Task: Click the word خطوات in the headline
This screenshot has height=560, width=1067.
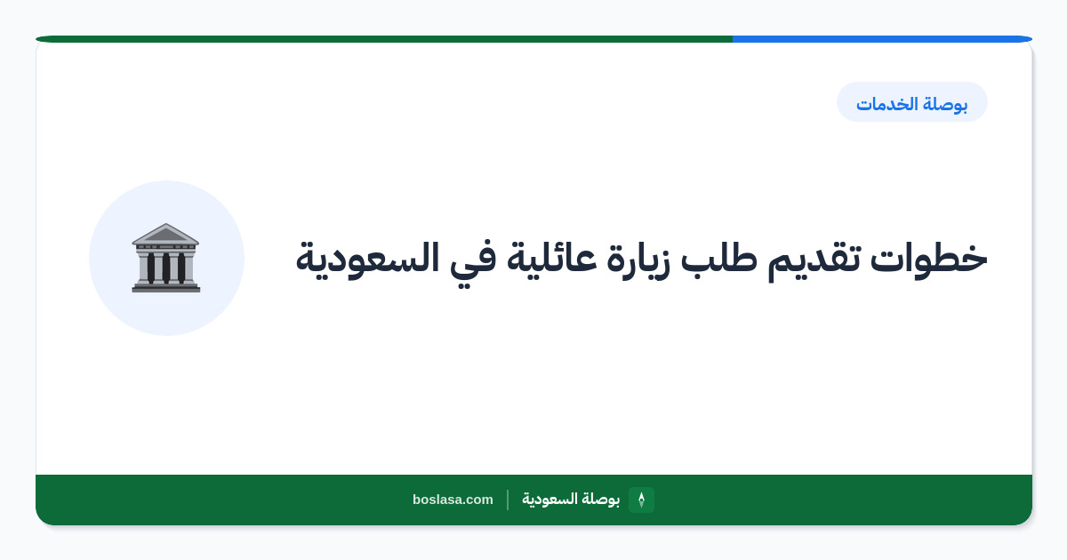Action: point(929,259)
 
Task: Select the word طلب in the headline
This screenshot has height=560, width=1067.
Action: point(719,259)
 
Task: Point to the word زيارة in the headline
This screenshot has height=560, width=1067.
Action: point(638,261)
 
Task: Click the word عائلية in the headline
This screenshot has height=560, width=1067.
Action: point(551,260)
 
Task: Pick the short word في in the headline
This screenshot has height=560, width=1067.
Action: point(473,263)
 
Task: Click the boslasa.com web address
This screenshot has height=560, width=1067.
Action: point(453,500)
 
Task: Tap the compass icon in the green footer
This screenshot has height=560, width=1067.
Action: point(642,500)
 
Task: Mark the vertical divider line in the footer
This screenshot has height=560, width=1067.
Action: point(508,500)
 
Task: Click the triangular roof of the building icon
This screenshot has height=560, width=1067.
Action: point(165,234)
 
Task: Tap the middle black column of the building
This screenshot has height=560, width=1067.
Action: point(166,268)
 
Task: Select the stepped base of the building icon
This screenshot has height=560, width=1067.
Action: point(166,287)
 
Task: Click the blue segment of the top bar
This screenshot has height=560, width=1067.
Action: point(882,39)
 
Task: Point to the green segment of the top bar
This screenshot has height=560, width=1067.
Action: point(384,39)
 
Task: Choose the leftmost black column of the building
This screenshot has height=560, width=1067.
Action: point(151,268)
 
